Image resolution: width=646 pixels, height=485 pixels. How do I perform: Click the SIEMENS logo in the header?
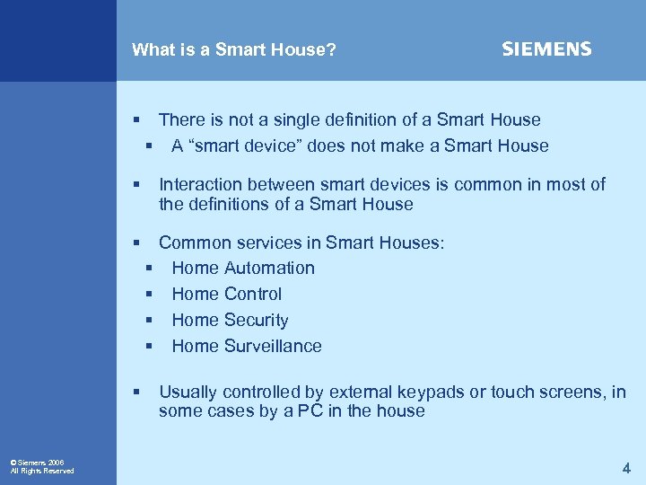[x=546, y=49]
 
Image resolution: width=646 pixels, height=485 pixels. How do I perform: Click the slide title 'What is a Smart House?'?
[x=234, y=50]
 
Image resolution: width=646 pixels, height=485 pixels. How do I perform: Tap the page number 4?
[x=626, y=468]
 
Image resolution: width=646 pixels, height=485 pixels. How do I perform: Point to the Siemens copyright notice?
[x=42, y=466]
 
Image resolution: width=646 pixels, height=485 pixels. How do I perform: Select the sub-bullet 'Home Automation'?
[x=243, y=268]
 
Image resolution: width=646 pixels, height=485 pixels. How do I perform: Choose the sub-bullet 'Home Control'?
[x=226, y=294]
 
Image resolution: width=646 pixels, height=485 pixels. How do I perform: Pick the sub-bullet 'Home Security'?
[x=230, y=320]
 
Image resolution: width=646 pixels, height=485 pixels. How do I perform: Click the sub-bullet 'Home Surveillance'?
[x=246, y=346]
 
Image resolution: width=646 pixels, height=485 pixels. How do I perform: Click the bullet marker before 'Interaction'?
[x=136, y=185]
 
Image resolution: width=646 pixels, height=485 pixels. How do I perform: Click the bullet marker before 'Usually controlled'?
[x=136, y=392]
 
